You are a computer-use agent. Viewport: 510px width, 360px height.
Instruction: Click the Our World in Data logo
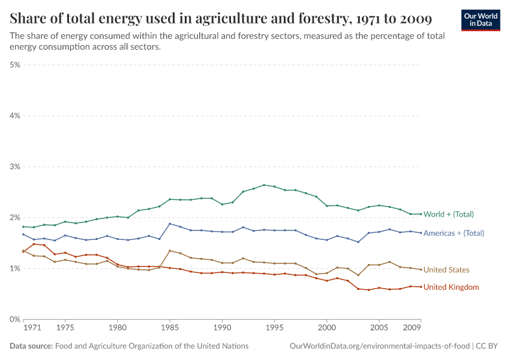[x=480, y=20]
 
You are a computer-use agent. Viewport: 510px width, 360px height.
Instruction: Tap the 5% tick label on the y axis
[x=15, y=64]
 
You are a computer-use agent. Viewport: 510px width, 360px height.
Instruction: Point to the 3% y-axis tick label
[x=15, y=166]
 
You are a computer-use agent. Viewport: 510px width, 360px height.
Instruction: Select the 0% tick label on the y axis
[x=15, y=319]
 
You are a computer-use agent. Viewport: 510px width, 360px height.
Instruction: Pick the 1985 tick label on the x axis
[x=170, y=329]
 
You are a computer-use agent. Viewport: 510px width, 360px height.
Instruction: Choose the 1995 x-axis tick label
[x=274, y=329]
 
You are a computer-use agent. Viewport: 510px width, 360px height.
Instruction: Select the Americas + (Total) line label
[x=454, y=233]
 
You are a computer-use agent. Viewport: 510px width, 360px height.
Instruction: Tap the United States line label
[x=446, y=270]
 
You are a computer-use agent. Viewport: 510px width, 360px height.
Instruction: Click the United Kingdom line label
[x=451, y=287]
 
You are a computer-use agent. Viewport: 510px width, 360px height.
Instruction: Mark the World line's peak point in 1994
[x=264, y=185]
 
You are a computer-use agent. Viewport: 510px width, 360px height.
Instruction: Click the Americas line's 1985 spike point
[x=170, y=224]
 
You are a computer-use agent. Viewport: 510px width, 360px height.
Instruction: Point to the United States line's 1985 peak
[x=170, y=250]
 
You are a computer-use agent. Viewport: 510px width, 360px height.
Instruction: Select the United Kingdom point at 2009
[x=421, y=287]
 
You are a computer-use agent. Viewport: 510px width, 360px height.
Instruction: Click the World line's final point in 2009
[x=421, y=214]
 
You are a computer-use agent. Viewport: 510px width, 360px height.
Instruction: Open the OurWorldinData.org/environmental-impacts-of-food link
[x=380, y=346]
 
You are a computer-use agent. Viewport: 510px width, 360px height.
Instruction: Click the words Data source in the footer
[x=31, y=346]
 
